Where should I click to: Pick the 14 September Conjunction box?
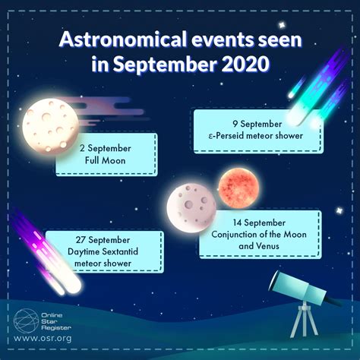click(x=258, y=233)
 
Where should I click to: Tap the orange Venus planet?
click(x=234, y=185)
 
